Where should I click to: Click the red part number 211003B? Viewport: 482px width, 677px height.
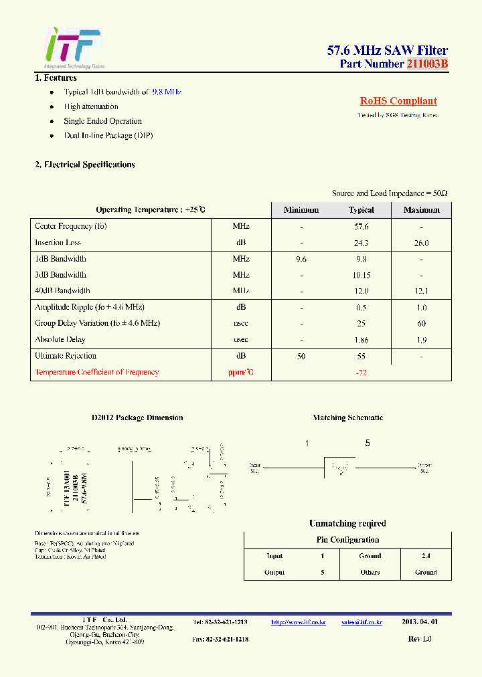pyautogui.click(x=427, y=64)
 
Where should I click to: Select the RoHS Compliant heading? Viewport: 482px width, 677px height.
pyautogui.click(x=398, y=102)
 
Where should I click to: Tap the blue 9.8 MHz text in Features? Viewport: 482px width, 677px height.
pyautogui.click(x=167, y=92)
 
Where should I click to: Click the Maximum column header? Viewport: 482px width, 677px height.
pyautogui.click(x=421, y=210)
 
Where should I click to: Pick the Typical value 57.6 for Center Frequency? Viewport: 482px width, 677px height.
pyautogui.click(x=361, y=227)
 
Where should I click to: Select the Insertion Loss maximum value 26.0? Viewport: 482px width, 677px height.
pyautogui.click(x=421, y=244)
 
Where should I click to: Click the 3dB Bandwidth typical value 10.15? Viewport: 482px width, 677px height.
pyautogui.click(x=361, y=275)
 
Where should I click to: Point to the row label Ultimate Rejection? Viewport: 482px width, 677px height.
pyautogui.click(x=66, y=356)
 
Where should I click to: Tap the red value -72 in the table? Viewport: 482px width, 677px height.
pyautogui.click(x=361, y=373)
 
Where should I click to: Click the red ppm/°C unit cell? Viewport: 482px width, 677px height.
pyautogui.click(x=241, y=373)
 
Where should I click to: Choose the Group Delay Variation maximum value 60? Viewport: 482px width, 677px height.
pyautogui.click(x=421, y=323)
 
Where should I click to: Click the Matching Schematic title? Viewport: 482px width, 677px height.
pyautogui.click(x=348, y=417)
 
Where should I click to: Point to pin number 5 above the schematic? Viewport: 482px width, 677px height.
pyautogui.click(x=368, y=444)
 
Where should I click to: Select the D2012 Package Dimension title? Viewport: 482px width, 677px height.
pyautogui.click(x=137, y=417)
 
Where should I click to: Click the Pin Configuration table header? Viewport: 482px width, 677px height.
pyautogui.click(x=347, y=540)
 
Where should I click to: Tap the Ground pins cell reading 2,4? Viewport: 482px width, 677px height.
pyautogui.click(x=426, y=556)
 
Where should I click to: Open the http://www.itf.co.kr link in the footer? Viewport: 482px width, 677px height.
pyautogui.click(x=298, y=622)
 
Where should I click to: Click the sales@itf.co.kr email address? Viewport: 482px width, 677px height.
pyautogui.click(x=361, y=622)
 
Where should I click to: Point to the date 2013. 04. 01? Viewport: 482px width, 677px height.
pyautogui.click(x=420, y=622)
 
